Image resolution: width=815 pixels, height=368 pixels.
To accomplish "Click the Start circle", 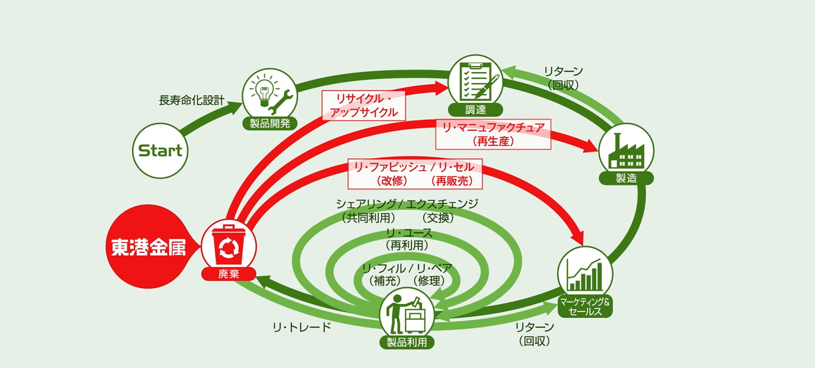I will pos(160,151).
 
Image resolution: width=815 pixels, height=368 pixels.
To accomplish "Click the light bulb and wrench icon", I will pos(269,93).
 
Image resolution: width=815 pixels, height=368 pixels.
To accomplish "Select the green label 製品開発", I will pos(269,123).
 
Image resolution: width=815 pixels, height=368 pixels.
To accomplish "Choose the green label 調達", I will pos(475,110).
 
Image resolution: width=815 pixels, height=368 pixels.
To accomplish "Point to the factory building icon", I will pos(626,150).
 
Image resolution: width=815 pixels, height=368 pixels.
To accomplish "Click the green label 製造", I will pos(626,178).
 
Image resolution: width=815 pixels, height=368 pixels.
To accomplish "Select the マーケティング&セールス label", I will pos(585,307).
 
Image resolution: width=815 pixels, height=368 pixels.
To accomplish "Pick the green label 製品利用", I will pos(407,342).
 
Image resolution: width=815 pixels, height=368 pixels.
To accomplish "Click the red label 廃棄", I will pos(228,274).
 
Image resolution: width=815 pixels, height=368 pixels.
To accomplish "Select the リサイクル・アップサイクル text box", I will pos(364,105).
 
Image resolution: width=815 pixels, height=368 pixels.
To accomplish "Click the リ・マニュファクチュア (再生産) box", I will pos(493,134).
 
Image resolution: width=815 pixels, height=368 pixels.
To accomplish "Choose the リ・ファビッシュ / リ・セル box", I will pos(415,174).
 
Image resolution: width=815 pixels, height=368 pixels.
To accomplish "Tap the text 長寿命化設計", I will pos(191,100).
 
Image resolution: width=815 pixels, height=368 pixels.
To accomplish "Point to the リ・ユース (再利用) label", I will pos(408,239).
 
